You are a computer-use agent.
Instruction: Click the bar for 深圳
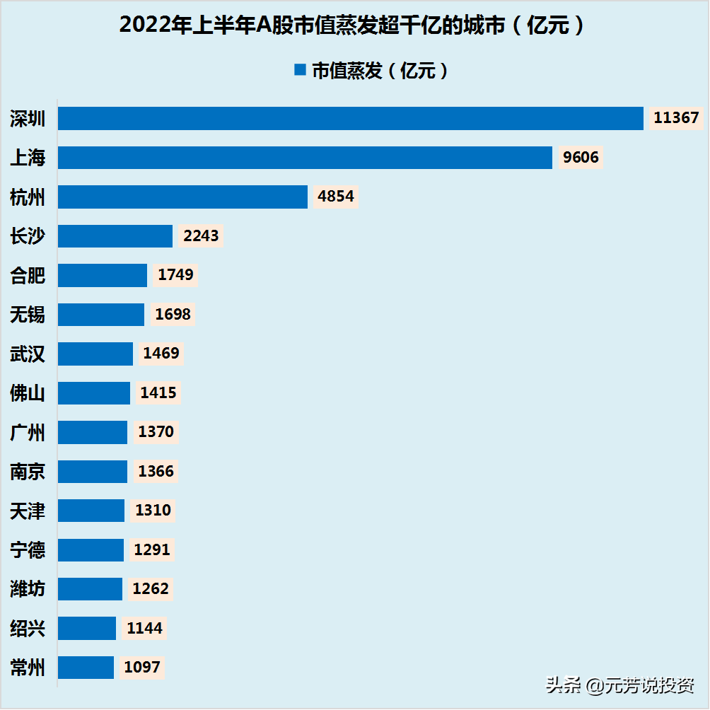pos(351,119)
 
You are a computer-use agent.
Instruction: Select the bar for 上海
pos(305,158)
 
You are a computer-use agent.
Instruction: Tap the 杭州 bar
pos(182,197)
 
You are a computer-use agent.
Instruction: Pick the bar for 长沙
pos(115,236)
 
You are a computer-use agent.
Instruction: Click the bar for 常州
pos(86,668)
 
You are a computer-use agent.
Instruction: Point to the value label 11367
pos(677,118)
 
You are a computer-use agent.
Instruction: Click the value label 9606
pos(581,158)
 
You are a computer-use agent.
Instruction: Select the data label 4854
pos(335,197)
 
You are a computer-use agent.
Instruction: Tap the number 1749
pos(175,275)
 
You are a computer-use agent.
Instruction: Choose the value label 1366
pos(156,472)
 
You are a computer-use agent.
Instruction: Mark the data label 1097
pos(141,668)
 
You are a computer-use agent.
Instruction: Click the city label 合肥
pos(28,275)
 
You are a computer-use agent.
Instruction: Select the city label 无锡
pos(28,314)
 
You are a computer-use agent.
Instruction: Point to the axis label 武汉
pos(28,354)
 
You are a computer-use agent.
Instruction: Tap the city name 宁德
pos(28,549)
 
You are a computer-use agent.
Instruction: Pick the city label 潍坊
pos(28,589)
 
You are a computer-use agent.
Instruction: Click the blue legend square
pos(300,70)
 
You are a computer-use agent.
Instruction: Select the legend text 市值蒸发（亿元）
pos(380,71)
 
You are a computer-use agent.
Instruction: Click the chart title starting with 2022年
pos(352,25)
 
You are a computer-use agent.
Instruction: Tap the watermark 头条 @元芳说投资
pos(619,685)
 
